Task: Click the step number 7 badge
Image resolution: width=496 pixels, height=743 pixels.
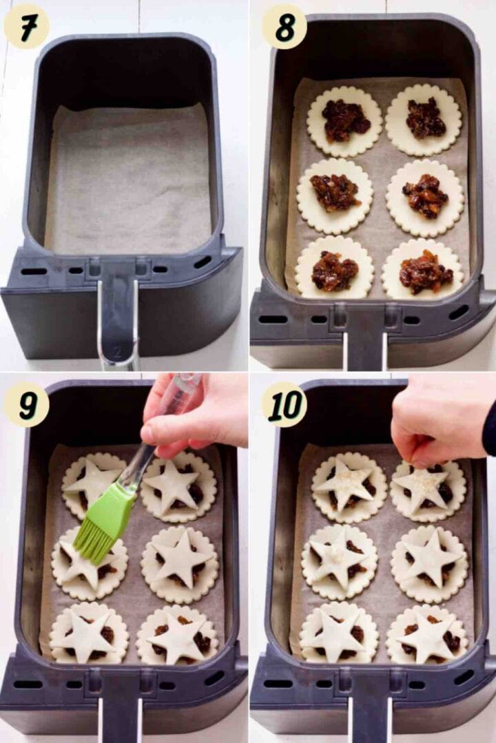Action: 26,27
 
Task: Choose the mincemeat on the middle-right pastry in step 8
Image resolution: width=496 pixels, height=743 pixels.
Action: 425,196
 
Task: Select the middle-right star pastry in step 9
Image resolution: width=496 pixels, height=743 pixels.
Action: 182,558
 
